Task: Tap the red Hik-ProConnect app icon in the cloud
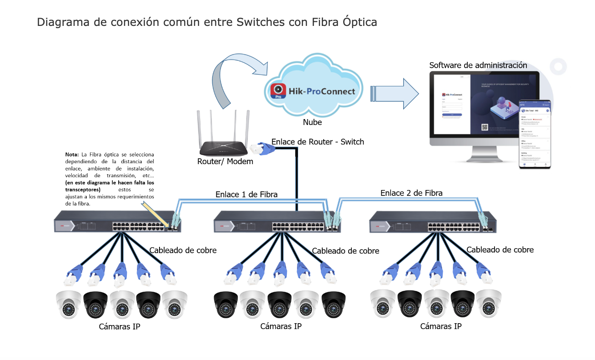click(278, 91)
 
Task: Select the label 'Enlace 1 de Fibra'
click(246, 195)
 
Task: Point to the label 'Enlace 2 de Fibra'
click(411, 193)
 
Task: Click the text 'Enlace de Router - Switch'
click(318, 142)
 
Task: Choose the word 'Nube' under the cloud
click(312, 122)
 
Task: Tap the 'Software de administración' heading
click(478, 65)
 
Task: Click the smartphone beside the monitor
click(535, 135)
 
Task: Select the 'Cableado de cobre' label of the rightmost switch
click(500, 250)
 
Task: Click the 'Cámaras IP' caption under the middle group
click(281, 326)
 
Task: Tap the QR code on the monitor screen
click(485, 128)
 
